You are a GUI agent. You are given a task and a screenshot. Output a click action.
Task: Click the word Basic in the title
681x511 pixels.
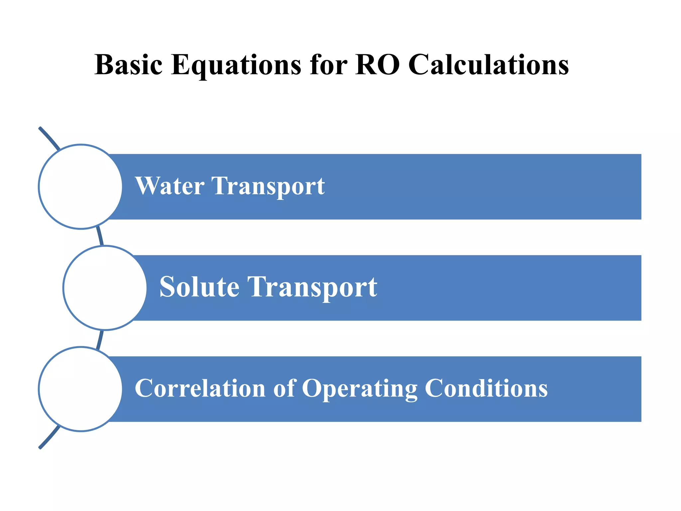[128, 65]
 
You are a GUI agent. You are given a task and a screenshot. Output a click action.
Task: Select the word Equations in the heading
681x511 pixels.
[236, 66]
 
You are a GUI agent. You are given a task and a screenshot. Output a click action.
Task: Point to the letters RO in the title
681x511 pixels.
[377, 65]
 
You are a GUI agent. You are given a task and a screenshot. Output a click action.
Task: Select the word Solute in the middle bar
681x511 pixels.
[199, 287]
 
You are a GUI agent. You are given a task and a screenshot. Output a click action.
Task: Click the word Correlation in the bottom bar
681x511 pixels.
[200, 388]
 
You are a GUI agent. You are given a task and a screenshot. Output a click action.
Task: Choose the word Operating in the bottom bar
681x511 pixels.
[359, 389]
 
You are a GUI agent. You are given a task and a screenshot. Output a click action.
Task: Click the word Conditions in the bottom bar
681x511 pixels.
[486, 388]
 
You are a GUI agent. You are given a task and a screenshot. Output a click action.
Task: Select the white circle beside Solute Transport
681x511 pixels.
[105, 288]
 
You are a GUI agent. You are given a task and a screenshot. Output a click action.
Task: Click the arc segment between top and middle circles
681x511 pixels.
[100, 237]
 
